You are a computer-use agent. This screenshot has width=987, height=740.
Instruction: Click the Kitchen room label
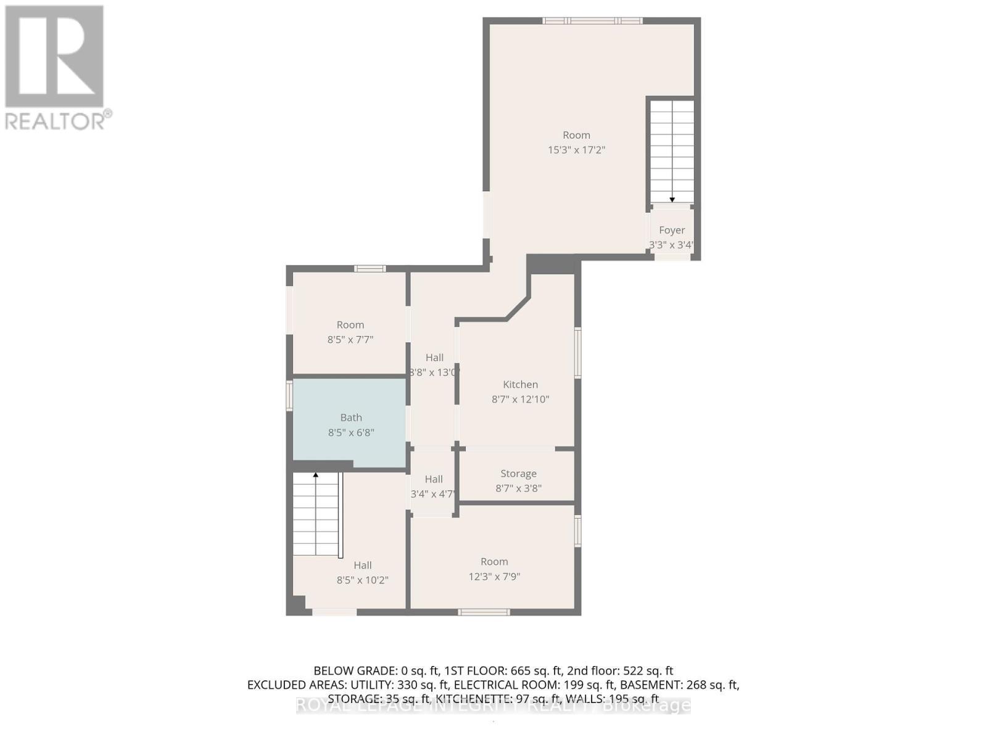point(520,384)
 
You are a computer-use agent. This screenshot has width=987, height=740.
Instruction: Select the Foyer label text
point(672,230)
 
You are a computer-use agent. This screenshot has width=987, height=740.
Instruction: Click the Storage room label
point(518,474)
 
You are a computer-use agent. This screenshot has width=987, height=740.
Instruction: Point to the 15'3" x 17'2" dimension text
point(576,150)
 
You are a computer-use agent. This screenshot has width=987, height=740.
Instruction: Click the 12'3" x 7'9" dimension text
point(494,577)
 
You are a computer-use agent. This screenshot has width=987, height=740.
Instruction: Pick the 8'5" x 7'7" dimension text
point(350,339)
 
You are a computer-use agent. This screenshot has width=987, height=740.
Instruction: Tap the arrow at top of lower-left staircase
point(316,475)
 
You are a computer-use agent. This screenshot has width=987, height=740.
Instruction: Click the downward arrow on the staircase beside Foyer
point(672,199)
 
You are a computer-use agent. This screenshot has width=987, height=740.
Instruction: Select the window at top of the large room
point(592,21)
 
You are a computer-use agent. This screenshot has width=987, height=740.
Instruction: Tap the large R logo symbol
point(54,56)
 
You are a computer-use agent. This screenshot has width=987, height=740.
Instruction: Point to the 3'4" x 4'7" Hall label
point(434,487)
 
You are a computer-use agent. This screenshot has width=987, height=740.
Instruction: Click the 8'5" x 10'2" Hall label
point(362,573)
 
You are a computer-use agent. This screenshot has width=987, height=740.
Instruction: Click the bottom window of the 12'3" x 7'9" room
point(484,612)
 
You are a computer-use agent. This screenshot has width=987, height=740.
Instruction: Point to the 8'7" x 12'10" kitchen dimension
point(520,399)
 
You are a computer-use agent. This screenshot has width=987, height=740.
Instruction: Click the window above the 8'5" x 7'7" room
point(370,268)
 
